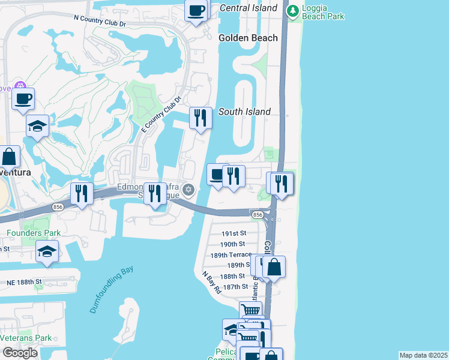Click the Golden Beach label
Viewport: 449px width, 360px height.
coord(248,38)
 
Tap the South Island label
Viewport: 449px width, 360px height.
coord(244,112)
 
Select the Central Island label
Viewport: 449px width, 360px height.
coord(249,8)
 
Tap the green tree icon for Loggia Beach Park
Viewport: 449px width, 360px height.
coord(292,10)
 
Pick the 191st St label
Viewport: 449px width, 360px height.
coord(234,233)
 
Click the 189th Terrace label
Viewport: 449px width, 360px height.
coord(231,254)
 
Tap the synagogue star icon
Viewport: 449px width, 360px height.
coord(188,190)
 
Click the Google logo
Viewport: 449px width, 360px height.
coord(20,353)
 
